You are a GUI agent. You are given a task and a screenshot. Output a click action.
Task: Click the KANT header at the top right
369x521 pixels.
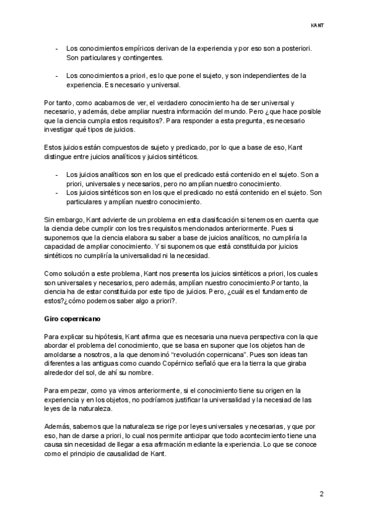(317, 26)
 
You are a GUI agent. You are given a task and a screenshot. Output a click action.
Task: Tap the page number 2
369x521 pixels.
(321, 493)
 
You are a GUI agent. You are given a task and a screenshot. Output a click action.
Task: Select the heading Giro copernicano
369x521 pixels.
(73, 320)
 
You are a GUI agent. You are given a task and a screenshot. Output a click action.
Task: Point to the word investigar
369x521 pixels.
(63, 130)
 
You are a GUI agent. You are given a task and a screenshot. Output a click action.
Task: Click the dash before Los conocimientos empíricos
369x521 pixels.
(57, 48)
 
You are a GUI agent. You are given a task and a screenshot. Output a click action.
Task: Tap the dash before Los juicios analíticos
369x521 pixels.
(57, 174)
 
